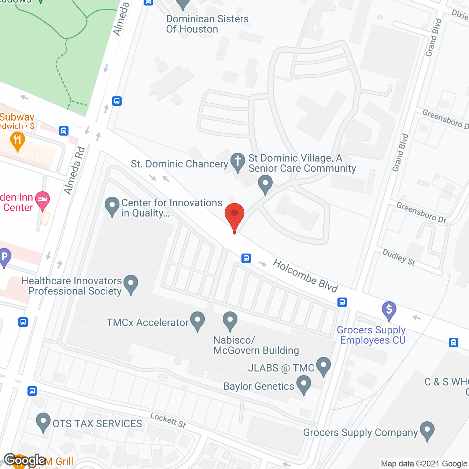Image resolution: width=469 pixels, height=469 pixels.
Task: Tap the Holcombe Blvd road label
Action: [305, 276]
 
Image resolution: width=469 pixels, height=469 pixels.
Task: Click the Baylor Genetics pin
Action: [303, 385]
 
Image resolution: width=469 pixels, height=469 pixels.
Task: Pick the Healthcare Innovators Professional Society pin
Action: [131, 284]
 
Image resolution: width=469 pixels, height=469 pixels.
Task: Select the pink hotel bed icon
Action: [43, 200]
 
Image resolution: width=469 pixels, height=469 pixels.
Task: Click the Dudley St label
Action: [399, 257]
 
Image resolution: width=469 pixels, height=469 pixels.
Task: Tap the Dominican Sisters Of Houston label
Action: [207, 24]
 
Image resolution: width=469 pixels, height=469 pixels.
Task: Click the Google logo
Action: [25, 460]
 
